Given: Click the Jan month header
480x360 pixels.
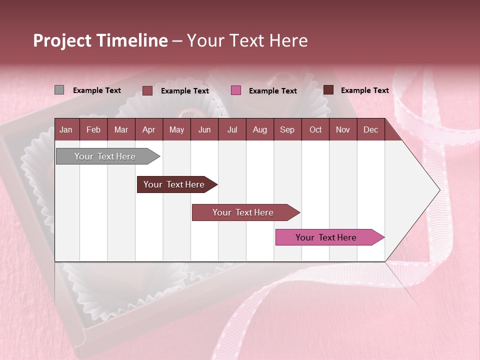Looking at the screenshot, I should point(66,130).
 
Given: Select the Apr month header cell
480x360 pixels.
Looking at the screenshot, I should point(148,130).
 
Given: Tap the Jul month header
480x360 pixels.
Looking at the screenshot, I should point(232,130).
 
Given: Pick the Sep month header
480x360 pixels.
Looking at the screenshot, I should point(287,130).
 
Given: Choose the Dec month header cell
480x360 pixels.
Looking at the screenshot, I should point(370,130).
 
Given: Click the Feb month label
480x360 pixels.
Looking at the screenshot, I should point(93,130).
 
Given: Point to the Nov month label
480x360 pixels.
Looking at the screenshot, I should point(343,130).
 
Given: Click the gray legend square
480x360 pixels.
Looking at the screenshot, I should point(59,90).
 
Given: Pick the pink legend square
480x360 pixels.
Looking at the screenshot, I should point(236,90).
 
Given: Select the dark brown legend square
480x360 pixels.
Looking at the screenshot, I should point(328,90).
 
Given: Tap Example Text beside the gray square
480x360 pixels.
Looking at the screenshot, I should point(97,90).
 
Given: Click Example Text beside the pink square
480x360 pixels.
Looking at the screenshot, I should point(273,91).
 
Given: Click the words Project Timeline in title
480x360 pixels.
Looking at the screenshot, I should point(100,40).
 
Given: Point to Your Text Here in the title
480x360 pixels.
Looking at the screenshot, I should point(247,40).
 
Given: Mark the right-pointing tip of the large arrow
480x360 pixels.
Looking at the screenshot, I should point(438,190).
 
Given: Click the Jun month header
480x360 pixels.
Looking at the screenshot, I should point(204,130).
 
